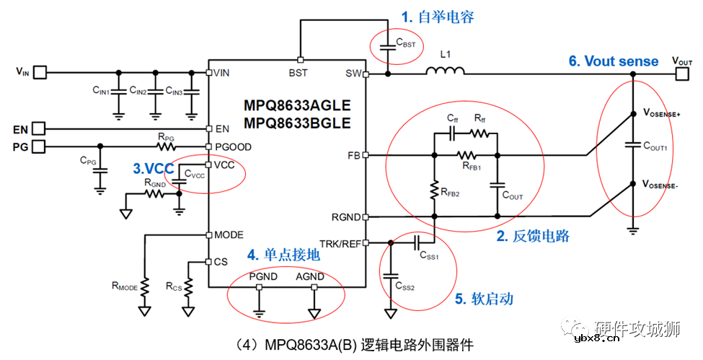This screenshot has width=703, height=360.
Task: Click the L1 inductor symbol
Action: pos(445,71)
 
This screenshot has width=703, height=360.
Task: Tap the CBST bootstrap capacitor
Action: pos(386,45)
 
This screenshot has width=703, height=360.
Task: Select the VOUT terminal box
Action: pos(681,72)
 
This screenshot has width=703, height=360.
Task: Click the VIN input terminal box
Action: pos(41,72)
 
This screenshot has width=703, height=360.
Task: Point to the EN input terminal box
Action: pos(39,129)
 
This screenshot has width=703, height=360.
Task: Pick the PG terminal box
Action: pos(39,146)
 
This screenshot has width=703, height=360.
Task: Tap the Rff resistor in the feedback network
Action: pos(481,133)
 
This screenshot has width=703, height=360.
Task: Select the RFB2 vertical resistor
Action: pos(435,190)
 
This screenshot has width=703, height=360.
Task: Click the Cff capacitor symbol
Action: pos(452,133)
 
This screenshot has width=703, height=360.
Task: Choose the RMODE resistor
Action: pos(145,288)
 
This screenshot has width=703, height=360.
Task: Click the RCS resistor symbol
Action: pos(187,288)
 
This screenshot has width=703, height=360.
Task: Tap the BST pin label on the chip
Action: pos(298,72)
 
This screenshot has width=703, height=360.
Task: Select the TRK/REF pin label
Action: pos(340,243)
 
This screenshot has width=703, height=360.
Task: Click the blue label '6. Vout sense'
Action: pos(614,61)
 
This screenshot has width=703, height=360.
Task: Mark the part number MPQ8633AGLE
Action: pos(297,105)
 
